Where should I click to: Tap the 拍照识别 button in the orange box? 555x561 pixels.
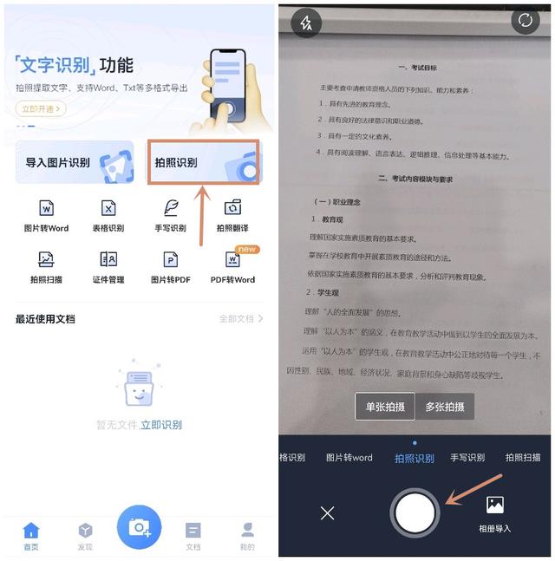tap(204, 162)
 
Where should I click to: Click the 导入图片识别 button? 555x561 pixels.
tap(75, 162)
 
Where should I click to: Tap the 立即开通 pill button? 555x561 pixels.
tap(40, 109)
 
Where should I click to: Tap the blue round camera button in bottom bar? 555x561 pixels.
tap(139, 526)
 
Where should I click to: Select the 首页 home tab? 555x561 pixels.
tap(31, 535)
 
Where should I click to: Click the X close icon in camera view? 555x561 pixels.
tap(327, 513)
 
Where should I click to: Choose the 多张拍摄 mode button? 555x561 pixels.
tap(445, 407)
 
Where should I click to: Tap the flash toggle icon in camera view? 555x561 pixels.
tap(305, 23)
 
